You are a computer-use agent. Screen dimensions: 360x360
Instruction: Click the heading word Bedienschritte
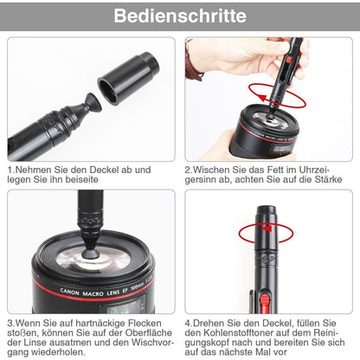click(x=180, y=16)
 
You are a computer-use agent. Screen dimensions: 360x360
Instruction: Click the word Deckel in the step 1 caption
click(x=111, y=170)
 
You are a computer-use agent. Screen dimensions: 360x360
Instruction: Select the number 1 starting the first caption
click(x=10, y=170)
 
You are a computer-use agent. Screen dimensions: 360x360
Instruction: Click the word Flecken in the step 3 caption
click(x=138, y=324)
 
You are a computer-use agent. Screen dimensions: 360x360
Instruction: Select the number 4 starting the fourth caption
click(x=189, y=324)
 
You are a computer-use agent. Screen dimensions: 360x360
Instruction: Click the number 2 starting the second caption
click(x=189, y=170)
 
